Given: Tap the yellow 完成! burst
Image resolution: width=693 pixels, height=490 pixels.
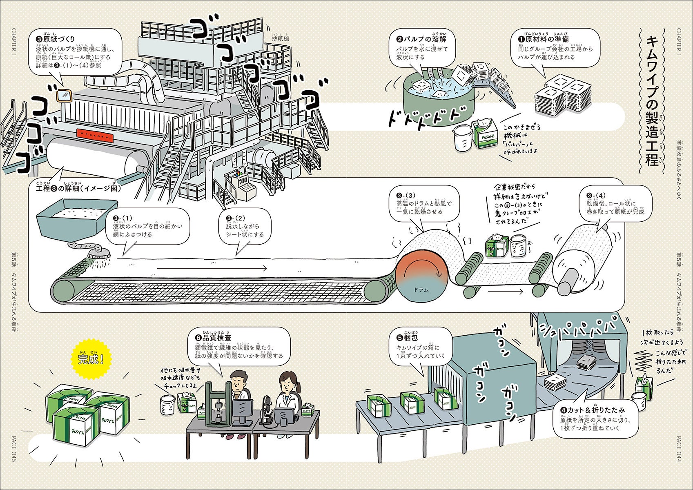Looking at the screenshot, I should pyautogui.click(x=91, y=359).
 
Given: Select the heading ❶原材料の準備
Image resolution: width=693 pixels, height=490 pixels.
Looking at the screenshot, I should pyautogui.click(x=543, y=39).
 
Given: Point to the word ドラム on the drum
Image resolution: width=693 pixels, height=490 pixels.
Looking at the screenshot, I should pyautogui.click(x=421, y=290).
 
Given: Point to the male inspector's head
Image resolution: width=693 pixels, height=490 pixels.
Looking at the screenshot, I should pyautogui.click(x=237, y=381).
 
